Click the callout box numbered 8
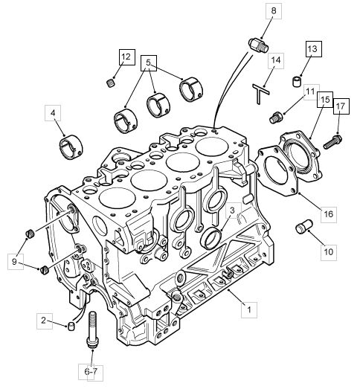[274, 11]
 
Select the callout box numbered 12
[127, 57]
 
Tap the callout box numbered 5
[149, 63]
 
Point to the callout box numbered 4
[53, 113]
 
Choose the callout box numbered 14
[276, 60]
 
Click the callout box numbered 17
[341, 106]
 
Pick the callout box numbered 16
[329, 214]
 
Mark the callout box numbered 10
[329, 252]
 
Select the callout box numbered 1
[249, 309]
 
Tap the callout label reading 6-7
[91, 372]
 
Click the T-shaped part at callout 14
[260, 94]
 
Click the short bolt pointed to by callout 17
[332, 141]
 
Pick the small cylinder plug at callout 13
[297, 82]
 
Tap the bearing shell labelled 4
[71, 147]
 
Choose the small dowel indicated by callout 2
[71, 327]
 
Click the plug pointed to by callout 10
[304, 226]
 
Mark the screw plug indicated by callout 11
[276, 118]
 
